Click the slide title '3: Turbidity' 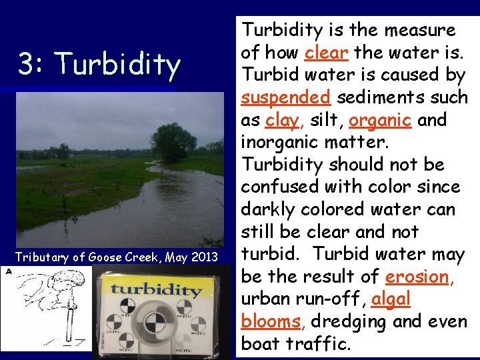point(99,65)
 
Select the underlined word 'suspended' point(285,97)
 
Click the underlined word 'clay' point(281,121)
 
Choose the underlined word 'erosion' point(419,277)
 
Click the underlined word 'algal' point(391,299)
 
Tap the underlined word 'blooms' point(271,322)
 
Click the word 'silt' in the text point(321,121)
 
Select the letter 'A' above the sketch point(7,271)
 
